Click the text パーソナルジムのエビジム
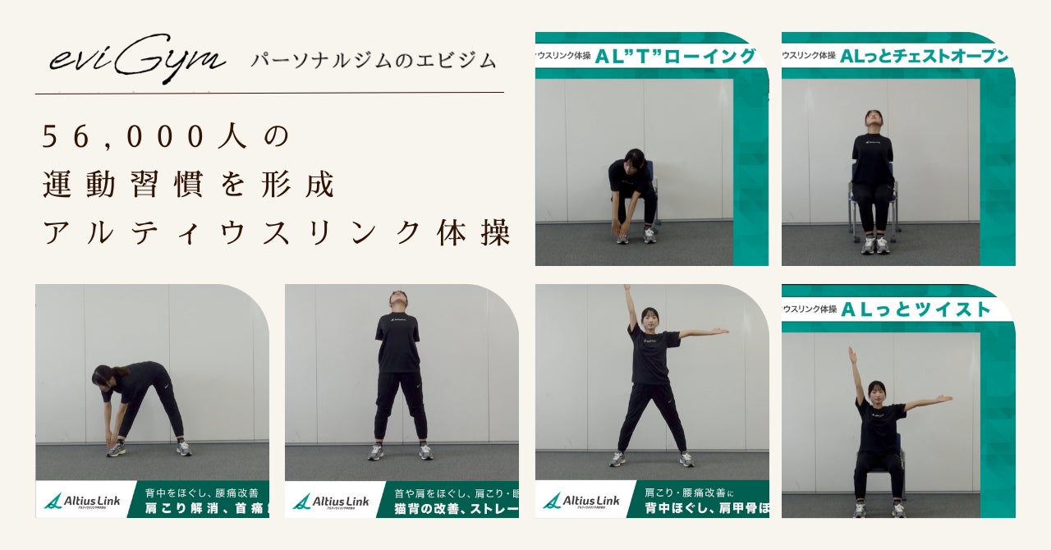(x=374, y=60)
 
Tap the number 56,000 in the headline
(x=123, y=136)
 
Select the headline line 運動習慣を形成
(x=189, y=186)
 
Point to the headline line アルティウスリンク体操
(x=276, y=234)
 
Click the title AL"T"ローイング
(x=676, y=57)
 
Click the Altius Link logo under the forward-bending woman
(x=82, y=501)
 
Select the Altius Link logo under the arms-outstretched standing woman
(x=581, y=501)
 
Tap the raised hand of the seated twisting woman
(x=852, y=354)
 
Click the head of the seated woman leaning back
(x=873, y=117)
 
